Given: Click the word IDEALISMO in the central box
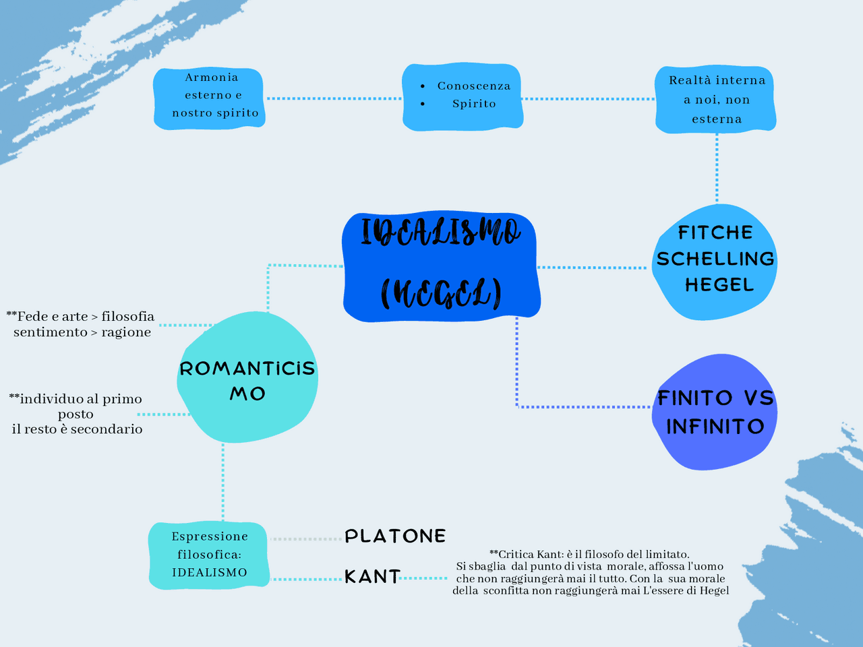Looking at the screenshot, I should tap(440, 233).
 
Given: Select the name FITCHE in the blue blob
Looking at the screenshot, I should tap(715, 233).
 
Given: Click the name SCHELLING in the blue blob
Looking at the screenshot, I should tap(715, 259).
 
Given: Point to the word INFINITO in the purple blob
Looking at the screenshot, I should tap(715, 427).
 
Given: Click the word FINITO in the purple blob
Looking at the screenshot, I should tap(695, 398).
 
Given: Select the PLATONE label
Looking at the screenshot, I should tap(395, 536).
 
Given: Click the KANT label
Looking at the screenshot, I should tap(372, 577).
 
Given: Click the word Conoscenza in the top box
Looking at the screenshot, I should tap(474, 86).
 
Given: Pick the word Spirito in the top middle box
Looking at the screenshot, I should tap(474, 104).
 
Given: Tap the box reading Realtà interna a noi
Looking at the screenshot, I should tap(716, 100).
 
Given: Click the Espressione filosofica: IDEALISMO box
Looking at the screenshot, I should tap(209, 555).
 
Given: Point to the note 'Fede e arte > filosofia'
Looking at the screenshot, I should tap(81, 317).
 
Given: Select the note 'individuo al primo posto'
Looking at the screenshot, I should tap(76, 406).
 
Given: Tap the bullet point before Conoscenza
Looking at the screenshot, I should tap(422, 86).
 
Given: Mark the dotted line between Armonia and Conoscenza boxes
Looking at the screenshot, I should tap(334, 98).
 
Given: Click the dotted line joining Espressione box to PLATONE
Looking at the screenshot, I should tap(307, 539).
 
